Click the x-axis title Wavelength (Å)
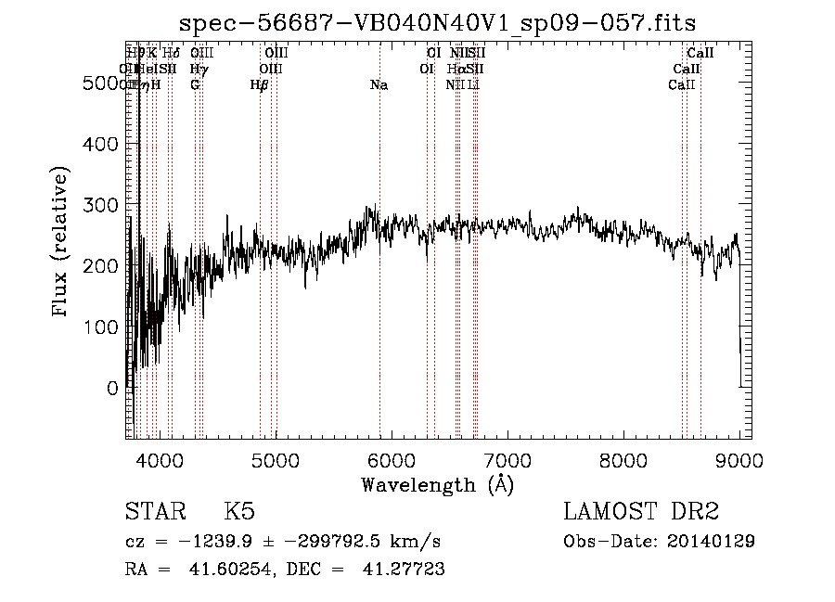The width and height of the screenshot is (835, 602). (x=437, y=484)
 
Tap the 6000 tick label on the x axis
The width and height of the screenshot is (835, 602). (x=392, y=459)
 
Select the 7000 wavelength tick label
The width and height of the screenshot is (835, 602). (x=507, y=459)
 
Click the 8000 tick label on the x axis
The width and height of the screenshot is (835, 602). (x=623, y=459)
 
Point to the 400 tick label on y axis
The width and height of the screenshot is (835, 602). (x=100, y=144)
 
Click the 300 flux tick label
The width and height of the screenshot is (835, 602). (x=100, y=205)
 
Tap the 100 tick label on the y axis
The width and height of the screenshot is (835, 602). (x=100, y=327)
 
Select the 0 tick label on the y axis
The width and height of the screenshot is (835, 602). (x=113, y=389)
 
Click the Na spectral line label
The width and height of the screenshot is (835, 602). (x=379, y=85)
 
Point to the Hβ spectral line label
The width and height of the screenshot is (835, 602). (x=260, y=85)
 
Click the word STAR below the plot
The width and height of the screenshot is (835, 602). (x=154, y=512)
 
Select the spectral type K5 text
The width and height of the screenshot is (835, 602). (x=239, y=512)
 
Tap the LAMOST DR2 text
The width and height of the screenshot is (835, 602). (x=641, y=512)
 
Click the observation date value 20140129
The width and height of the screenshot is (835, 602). (x=712, y=541)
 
